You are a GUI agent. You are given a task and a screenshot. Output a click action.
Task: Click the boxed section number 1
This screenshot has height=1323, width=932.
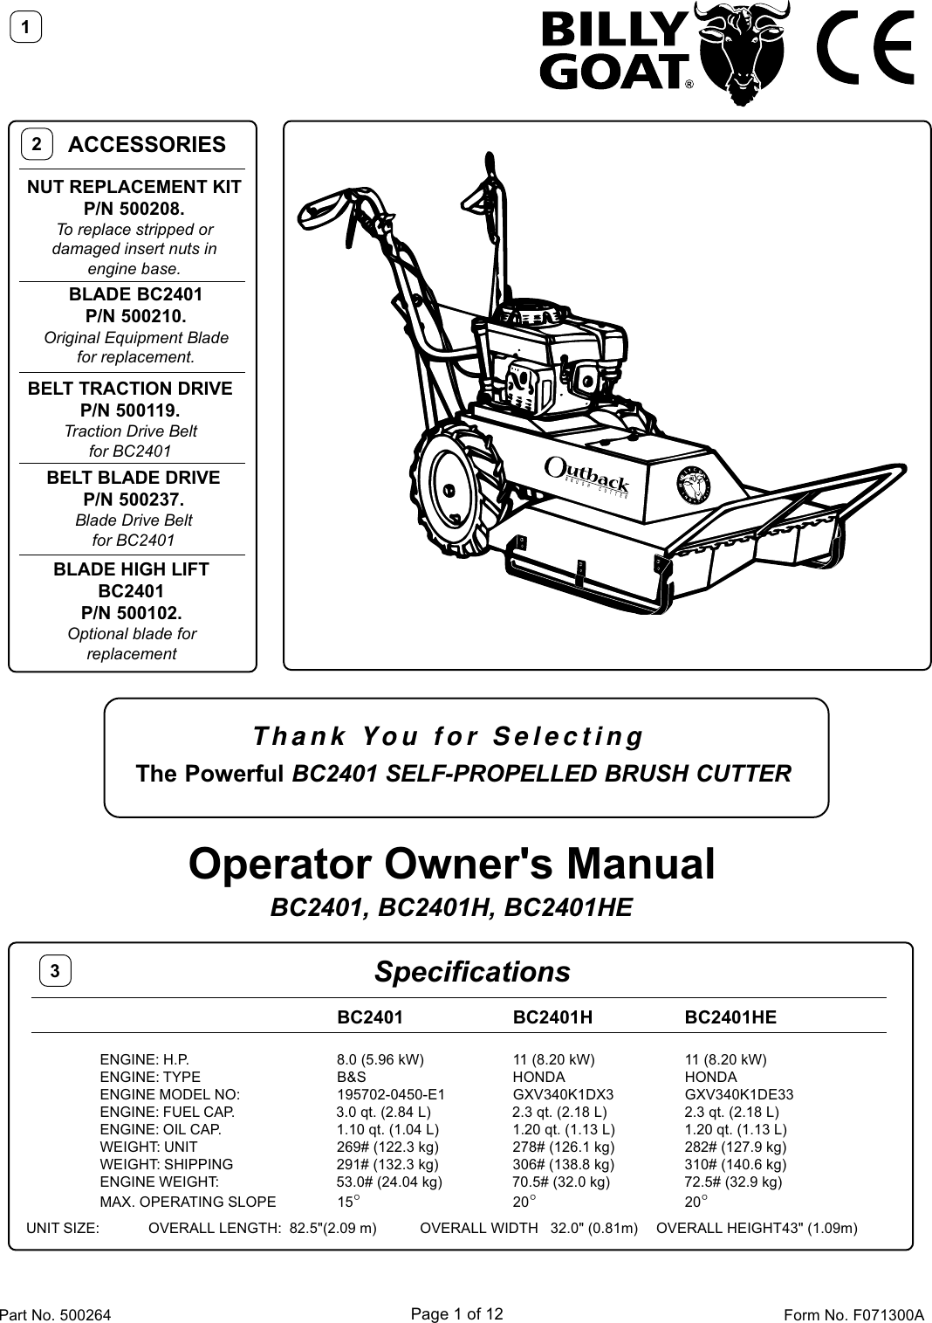(26, 28)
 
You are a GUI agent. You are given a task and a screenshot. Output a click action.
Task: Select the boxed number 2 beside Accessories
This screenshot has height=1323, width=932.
(37, 144)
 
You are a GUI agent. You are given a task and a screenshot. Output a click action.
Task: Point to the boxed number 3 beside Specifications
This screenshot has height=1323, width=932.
(55, 970)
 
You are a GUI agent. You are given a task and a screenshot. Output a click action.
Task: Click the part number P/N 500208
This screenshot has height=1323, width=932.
(134, 209)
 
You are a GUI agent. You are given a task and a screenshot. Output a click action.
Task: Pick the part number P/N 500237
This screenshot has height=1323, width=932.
(134, 500)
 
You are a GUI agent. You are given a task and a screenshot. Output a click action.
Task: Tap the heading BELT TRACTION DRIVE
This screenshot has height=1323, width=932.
(131, 389)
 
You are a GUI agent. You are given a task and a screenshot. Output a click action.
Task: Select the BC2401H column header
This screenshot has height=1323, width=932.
(552, 1017)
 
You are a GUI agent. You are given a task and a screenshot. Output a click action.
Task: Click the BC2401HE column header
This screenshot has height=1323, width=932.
(730, 1017)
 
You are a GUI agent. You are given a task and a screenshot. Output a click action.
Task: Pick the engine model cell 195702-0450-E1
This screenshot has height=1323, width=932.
(391, 1094)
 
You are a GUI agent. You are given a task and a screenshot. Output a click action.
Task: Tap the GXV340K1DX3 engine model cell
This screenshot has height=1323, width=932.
(563, 1094)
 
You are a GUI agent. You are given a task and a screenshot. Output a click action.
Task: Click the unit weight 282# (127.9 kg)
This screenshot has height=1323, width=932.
(735, 1147)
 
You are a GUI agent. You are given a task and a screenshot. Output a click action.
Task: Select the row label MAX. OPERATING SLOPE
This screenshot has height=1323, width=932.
(188, 1202)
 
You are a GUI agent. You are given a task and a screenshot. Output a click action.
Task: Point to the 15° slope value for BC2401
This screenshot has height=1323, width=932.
(348, 1202)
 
